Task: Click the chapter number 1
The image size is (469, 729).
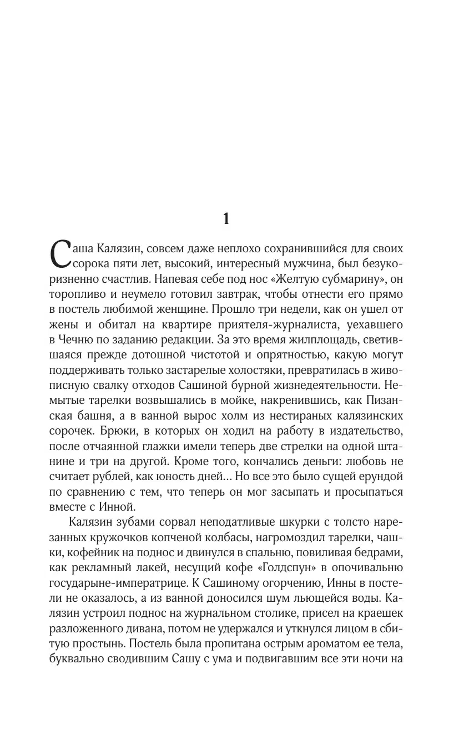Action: pyautogui.click(x=225, y=218)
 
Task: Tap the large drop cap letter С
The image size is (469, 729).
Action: pyautogui.click(x=60, y=254)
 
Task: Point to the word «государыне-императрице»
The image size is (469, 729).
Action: pyautogui.click(x=115, y=583)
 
